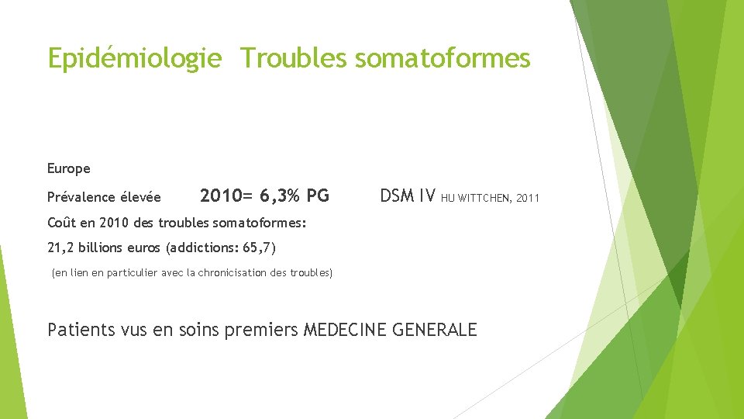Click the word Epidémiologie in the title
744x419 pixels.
(134, 58)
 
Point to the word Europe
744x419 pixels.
(69, 168)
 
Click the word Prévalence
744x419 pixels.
(80, 197)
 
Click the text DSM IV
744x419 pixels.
(408, 196)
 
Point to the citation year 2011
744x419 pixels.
(527, 199)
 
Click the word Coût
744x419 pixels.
(61, 223)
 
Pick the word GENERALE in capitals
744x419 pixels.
(435, 330)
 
